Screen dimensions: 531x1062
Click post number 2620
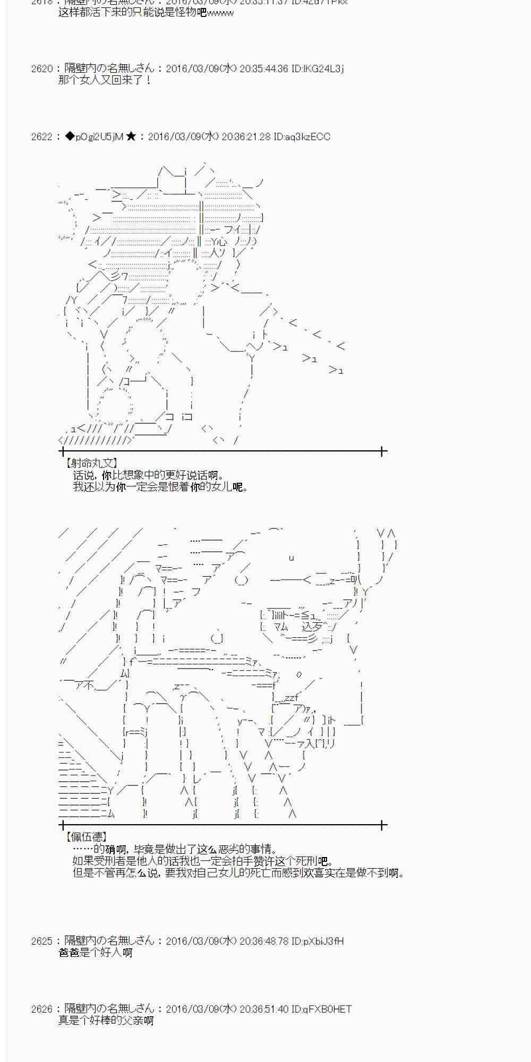[42, 68]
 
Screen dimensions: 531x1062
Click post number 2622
[42, 137]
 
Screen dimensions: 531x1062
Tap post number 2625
[42, 941]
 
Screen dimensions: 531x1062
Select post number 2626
[42, 1009]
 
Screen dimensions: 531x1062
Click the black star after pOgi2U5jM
[131, 137]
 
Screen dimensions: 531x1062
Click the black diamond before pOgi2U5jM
[70, 137]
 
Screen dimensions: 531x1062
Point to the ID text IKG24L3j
[317, 68]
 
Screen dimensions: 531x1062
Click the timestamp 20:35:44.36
[263, 68]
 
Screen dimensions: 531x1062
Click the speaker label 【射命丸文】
[90, 464]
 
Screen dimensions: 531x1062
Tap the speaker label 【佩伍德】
[85, 837]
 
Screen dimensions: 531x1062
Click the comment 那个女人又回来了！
[105, 80]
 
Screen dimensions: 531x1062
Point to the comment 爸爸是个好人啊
[96, 953]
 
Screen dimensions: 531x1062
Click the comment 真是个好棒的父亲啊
[106, 1021]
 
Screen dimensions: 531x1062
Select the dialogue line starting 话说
[149, 475]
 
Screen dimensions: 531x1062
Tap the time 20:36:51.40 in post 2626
[263, 1009]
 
